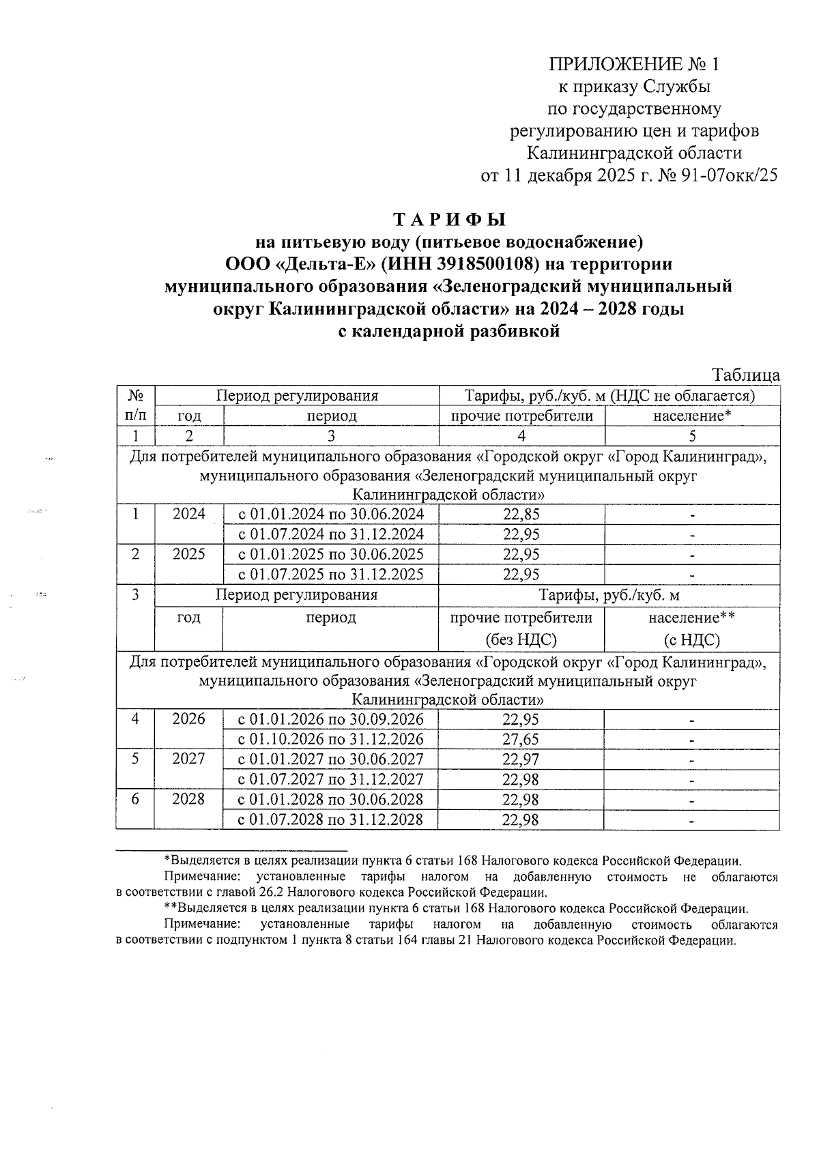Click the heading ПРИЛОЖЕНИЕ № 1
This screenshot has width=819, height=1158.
pos(634,65)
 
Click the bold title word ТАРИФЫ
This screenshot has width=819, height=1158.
pos(449,220)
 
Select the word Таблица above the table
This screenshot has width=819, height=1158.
pos(746,375)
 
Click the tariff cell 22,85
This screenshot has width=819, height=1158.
pos(521,515)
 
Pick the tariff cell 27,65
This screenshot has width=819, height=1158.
pos(521,739)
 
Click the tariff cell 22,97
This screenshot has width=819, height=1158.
pos(521,759)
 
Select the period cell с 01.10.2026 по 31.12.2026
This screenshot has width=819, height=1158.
pos(330,739)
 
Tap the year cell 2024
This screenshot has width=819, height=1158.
pos(189,515)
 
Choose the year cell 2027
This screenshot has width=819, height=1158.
pos(189,759)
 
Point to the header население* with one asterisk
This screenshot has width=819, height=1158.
pos(692,416)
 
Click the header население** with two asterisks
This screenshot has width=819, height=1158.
pos(691,618)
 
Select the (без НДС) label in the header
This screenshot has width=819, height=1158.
pos(521,640)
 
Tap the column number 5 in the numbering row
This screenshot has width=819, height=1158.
pos(692,436)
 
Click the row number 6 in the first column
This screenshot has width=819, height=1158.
pos(136,798)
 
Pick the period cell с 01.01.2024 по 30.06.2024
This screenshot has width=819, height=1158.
pos(330,515)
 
